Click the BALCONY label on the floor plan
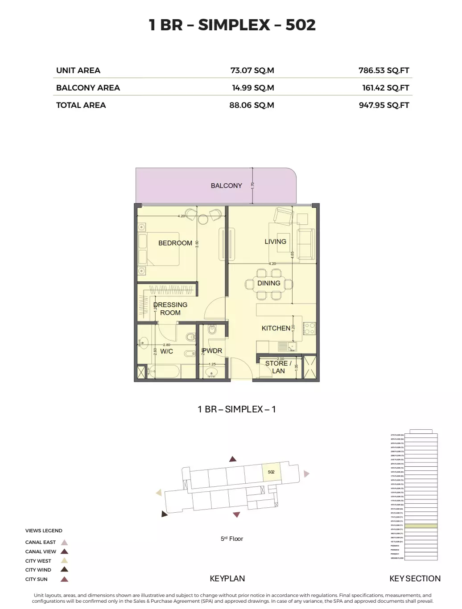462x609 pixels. pyautogui.click(x=226, y=185)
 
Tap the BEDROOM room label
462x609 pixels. pyautogui.click(x=175, y=243)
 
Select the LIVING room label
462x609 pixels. pyautogui.click(x=275, y=242)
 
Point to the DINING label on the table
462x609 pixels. pyautogui.click(x=268, y=283)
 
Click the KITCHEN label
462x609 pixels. pyautogui.click(x=276, y=328)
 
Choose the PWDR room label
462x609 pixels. pyautogui.click(x=212, y=351)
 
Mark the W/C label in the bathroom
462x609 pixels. pyautogui.click(x=166, y=351)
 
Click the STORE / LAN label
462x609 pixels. pyautogui.click(x=278, y=367)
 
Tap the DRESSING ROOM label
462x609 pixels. pyautogui.click(x=170, y=309)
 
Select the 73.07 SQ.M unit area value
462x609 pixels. pyautogui.click(x=252, y=70)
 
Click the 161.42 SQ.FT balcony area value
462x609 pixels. pyautogui.click(x=385, y=88)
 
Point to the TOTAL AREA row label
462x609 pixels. pyautogui.click(x=81, y=105)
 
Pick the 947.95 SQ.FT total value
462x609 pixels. pyautogui.click(x=384, y=105)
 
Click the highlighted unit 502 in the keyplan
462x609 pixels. pyautogui.click(x=271, y=472)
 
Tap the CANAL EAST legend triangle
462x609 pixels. pyautogui.click(x=64, y=543)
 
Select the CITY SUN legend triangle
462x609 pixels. pyautogui.click(x=64, y=579)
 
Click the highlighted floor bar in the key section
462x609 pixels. pyautogui.click(x=421, y=526)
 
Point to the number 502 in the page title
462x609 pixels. pyautogui.click(x=300, y=25)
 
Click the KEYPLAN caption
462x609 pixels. pyautogui.click(x=227, y=579)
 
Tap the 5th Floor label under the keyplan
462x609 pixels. pyautogui.click(x=232, y=539)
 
